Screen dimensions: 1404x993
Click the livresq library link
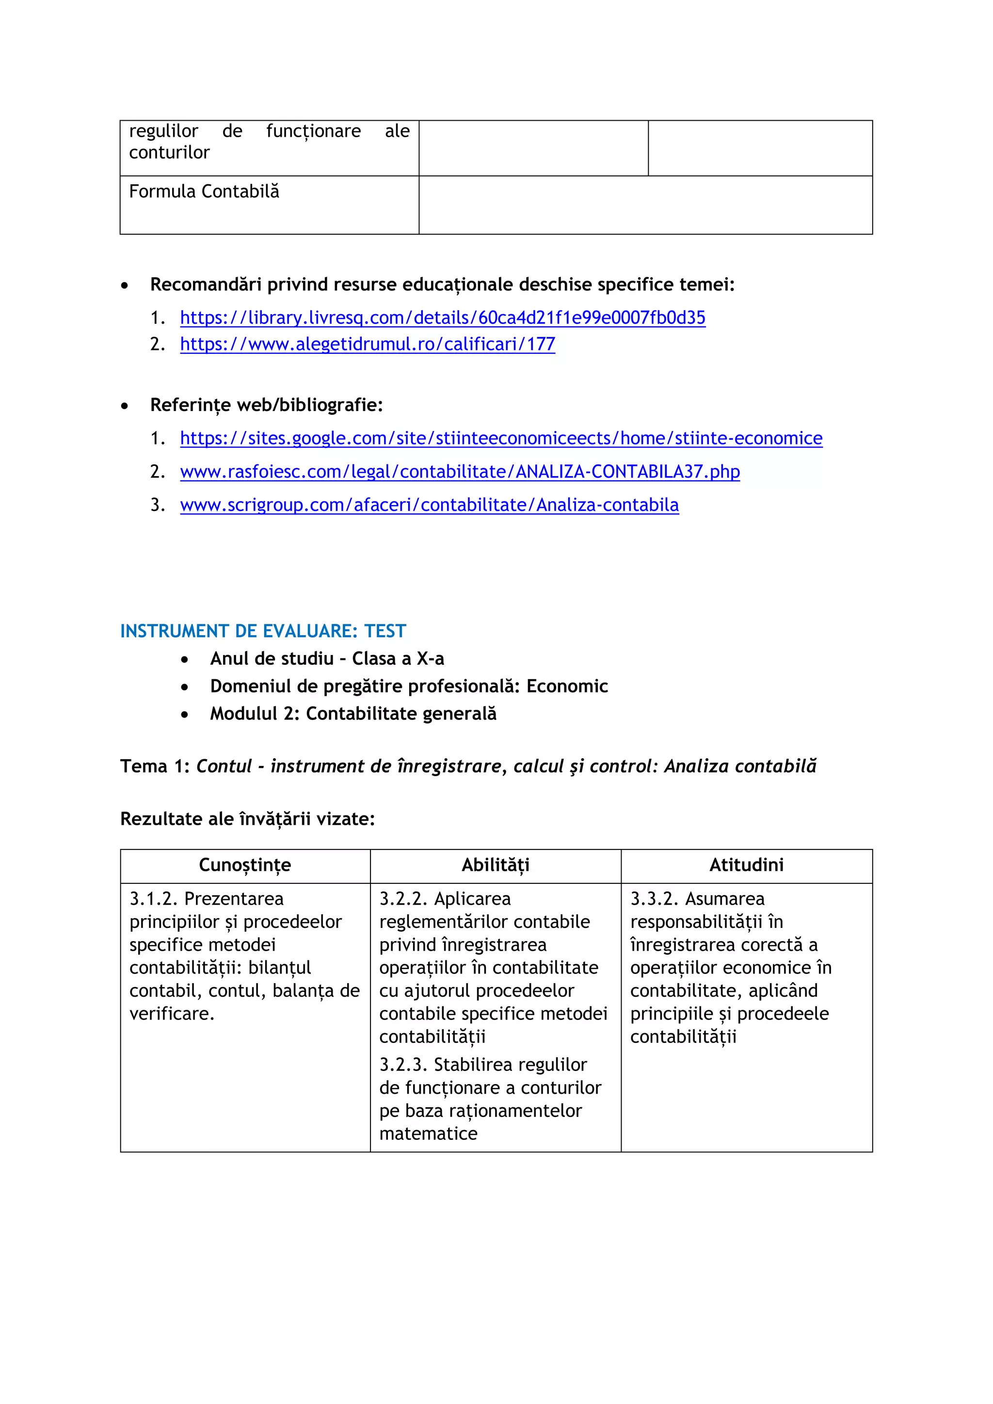pyautogui.click(x=442, y=318)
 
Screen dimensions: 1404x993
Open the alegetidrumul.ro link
pyautogui.click(x=368, y=344)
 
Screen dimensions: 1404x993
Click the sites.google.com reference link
pyautogui.click(x=501, y=438)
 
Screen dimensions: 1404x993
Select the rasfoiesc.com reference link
pyautogui.click(x=460, y=471)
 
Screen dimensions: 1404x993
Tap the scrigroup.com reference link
pyautogui.click(x=429, y=505)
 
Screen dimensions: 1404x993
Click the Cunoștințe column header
pyautogui.click(x=244, y=865)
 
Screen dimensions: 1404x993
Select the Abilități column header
pyautogui.click(x=495, y=865)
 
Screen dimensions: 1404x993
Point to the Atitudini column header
pyautogui.click(x=746, y=865)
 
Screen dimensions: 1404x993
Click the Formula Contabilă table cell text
pyautogui.click(x=204, y=191)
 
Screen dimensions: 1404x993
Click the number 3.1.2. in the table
pyautogui.click(x=154, y=898)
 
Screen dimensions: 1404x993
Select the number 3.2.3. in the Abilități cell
pyautogui.click(x=403, y=1065)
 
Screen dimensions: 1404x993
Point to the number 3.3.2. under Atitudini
pyautogui.click(x=654, y=898)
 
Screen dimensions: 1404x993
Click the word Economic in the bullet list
pyautogui.click(x=567, y=686)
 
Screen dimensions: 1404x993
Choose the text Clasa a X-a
pyautogui.click(x=398, y=658)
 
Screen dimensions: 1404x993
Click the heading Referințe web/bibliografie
pyautogui.click(x=266, y=405)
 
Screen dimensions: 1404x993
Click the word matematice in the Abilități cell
pyautogui.click(x=428, y=1133)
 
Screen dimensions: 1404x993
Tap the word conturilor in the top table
pyautogui.click(x=169, y=152)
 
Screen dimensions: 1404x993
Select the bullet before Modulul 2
pyautogui.click(x=185, y=714)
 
